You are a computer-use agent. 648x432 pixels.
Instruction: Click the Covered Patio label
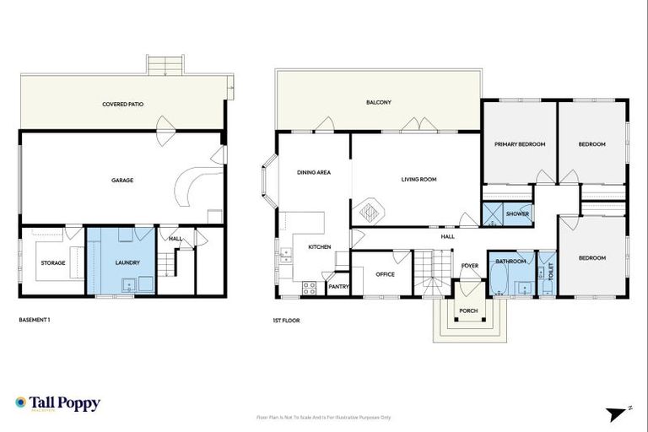point(122,105)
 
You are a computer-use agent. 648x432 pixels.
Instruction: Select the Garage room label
point(122,180)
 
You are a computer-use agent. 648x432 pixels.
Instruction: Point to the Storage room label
point(53,263)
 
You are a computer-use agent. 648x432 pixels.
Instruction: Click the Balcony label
point(378,102)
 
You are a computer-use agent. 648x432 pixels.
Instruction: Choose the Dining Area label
point(313,172)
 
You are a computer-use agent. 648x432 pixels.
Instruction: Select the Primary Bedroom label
point(519,144)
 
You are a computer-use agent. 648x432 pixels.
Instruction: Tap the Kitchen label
point(319,247)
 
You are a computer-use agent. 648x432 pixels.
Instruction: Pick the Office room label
point(385,274)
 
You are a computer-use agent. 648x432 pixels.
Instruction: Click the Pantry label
point(338,287)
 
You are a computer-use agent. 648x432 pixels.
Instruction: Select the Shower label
point(517,214)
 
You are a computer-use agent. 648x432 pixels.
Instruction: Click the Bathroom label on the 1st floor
point(510,262)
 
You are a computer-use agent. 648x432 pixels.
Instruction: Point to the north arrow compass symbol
point(618,413)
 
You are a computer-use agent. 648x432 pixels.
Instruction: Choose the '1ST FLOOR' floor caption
point(287,321)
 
